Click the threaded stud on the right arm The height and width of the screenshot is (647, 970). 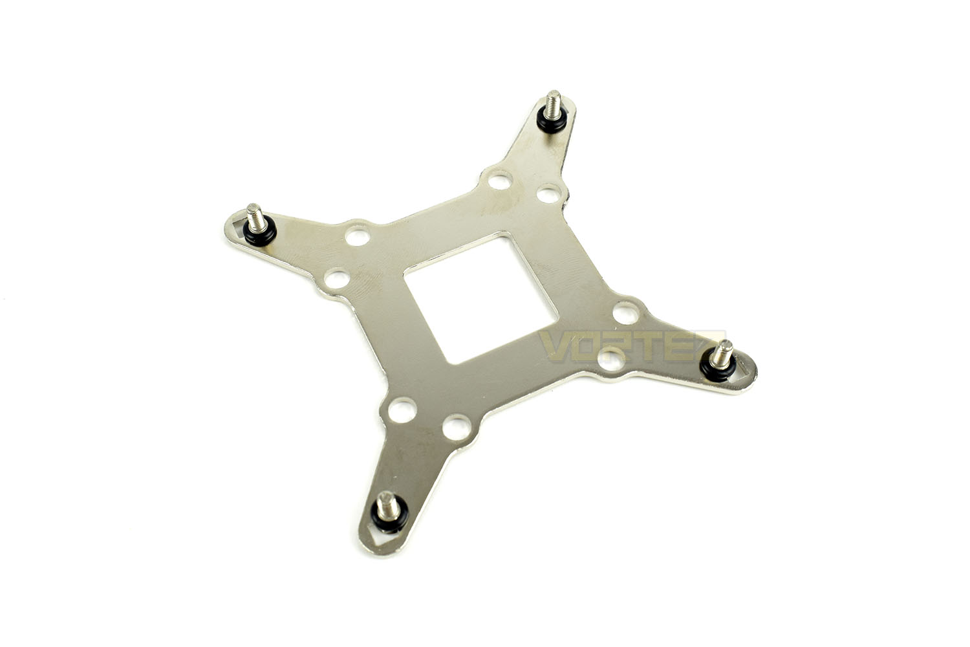722,353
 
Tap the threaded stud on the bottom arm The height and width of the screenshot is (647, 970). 386,505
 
